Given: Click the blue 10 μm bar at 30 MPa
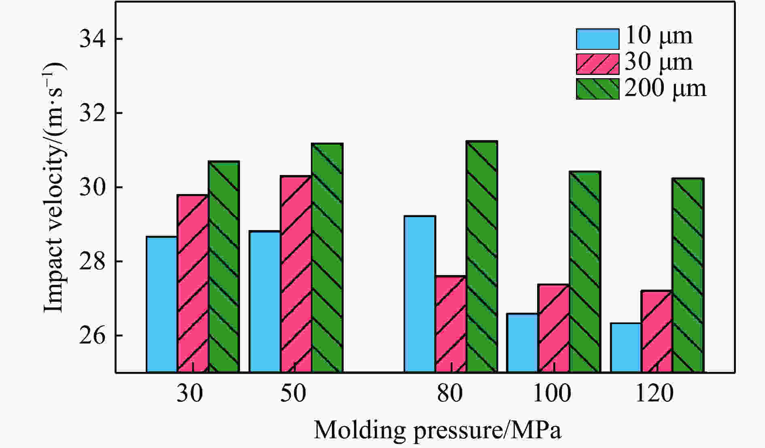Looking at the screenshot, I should pos(161,304).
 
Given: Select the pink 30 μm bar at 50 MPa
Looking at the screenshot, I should pos(296,274).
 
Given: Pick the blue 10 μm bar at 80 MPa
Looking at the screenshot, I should pos(420,294).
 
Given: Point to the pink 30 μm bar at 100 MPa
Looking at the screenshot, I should pos(553,328).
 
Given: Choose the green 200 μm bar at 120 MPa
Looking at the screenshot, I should pos(688,275).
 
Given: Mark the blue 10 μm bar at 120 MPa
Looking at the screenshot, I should pos(626,348).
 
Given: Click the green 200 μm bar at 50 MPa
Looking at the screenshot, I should pos(327,258).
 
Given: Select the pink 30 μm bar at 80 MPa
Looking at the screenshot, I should pos(450,324).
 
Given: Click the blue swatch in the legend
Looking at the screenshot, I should pos(597,39).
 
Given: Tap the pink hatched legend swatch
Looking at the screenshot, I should pos(597,64).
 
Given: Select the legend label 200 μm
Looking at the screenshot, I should pos(665,88).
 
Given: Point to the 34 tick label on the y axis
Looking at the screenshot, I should pos(91,39).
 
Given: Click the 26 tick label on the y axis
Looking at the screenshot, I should pos(91,336).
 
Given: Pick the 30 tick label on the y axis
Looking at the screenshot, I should pos(91,188).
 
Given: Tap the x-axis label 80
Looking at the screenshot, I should pos(450,393).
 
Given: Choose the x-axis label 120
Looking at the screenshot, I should pos(654,393).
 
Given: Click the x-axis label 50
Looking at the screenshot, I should pos(293,393).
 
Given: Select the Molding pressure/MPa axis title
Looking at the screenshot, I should pos(438,430).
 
